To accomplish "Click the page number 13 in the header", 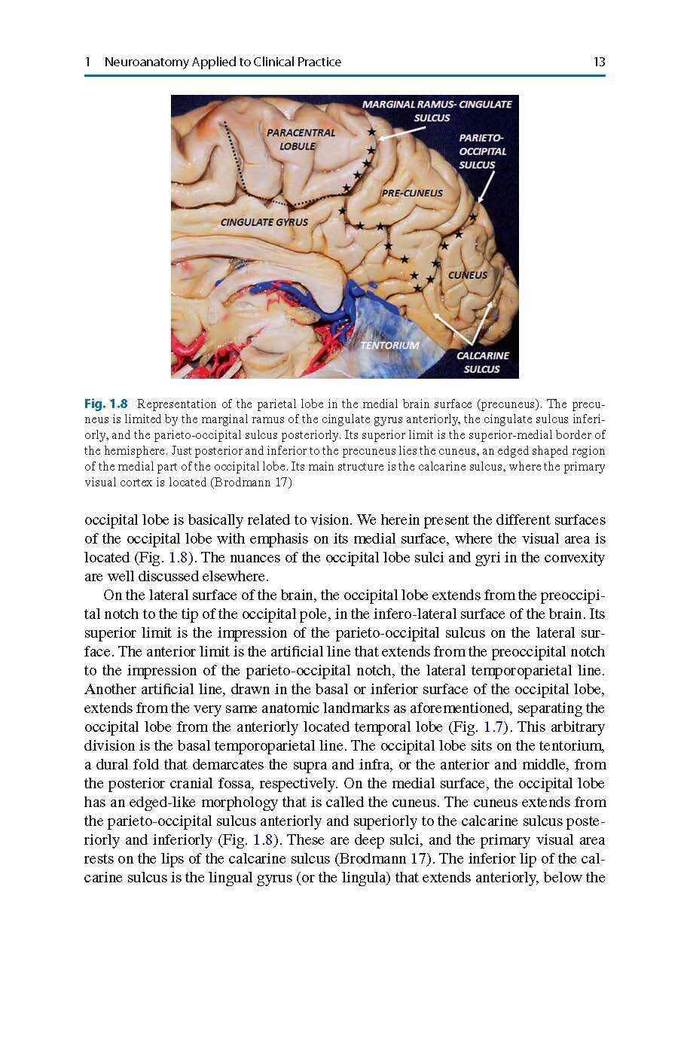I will [599, 62].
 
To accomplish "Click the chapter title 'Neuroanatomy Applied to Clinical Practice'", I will [222, 62].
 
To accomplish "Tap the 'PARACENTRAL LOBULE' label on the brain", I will [300, 139].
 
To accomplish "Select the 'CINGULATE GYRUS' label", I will [264, 222].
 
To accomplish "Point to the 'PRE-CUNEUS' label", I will [412, 193].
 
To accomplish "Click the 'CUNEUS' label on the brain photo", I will [468, 275].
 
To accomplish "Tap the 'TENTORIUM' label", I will [389, 345].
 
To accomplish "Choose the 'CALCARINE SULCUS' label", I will [482, 362].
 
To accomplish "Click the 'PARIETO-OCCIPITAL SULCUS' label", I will [482, 151].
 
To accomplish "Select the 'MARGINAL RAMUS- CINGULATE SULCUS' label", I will [436, 111].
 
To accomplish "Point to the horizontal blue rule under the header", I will [345, 76].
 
